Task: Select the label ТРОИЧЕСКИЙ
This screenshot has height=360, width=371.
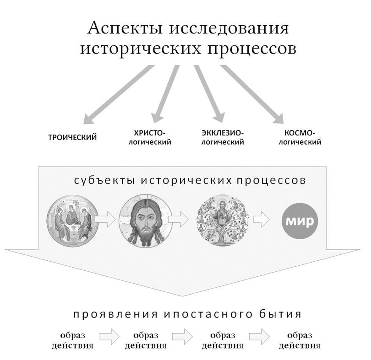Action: click(73, 138)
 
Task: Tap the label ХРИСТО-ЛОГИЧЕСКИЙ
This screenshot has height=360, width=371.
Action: click(150, 138)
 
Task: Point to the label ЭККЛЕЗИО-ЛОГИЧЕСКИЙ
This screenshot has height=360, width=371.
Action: click(223, 138)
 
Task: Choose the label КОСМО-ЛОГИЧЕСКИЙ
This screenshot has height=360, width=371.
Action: click(300, 138)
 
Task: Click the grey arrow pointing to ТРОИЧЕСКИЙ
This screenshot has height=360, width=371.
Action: click(119, 94)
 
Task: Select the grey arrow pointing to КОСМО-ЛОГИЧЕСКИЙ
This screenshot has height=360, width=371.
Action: click(252, 94)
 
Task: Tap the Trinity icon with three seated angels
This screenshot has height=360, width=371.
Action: click(73, 220)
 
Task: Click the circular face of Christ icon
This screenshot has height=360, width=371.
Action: click(145, 220)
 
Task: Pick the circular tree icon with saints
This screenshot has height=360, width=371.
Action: click(223, 220)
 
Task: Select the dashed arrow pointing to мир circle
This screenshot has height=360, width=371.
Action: click(261, 220)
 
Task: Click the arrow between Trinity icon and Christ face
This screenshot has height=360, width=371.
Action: click(105, 220)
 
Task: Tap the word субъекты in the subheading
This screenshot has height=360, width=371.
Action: click(105, 181)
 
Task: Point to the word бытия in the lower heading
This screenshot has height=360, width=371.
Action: click(280, 314)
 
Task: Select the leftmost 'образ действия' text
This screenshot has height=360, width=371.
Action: click(73, 341)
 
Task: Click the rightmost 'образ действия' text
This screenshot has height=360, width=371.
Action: click(300, 341)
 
